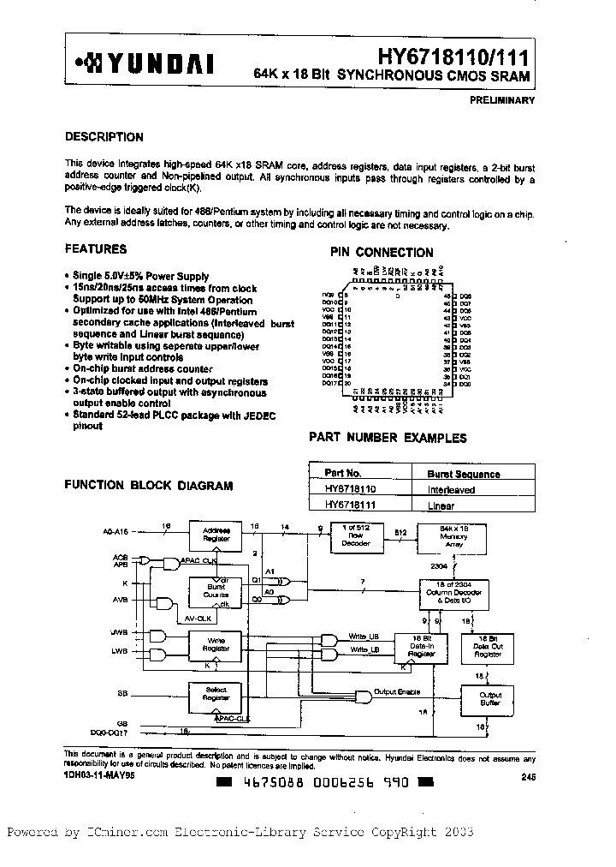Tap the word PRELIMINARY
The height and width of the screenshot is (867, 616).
pyautogui.click(x=502, y=100)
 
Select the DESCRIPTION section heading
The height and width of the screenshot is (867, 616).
pyautogui.click(x=104, y=137)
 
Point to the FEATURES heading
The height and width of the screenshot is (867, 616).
pyautogui.click(x=96, y=249)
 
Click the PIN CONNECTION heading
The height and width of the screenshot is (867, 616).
pyautogui.click(x=382, y=253)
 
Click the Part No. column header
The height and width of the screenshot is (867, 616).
pyautogui.click(x=344, y=473)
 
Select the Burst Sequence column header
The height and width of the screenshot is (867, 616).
pyautogui.click(x=464, y=474)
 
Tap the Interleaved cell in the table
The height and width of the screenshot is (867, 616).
pyautogui.click(x=451, y=489)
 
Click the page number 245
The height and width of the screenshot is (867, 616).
pyautogui.click(x=527, y=776)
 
